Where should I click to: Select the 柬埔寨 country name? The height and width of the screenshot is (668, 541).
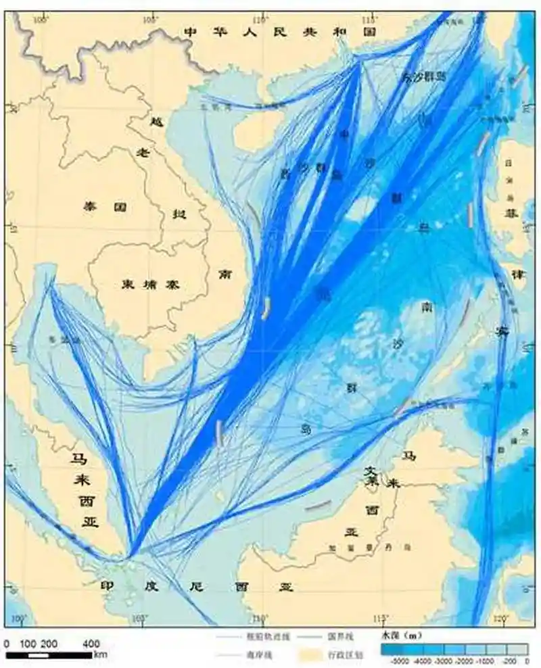click(x=144, y=285)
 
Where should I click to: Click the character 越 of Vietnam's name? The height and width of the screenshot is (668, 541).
click(x=154, y=124)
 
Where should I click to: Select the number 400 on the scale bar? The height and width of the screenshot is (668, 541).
click(x=92, y=644)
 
